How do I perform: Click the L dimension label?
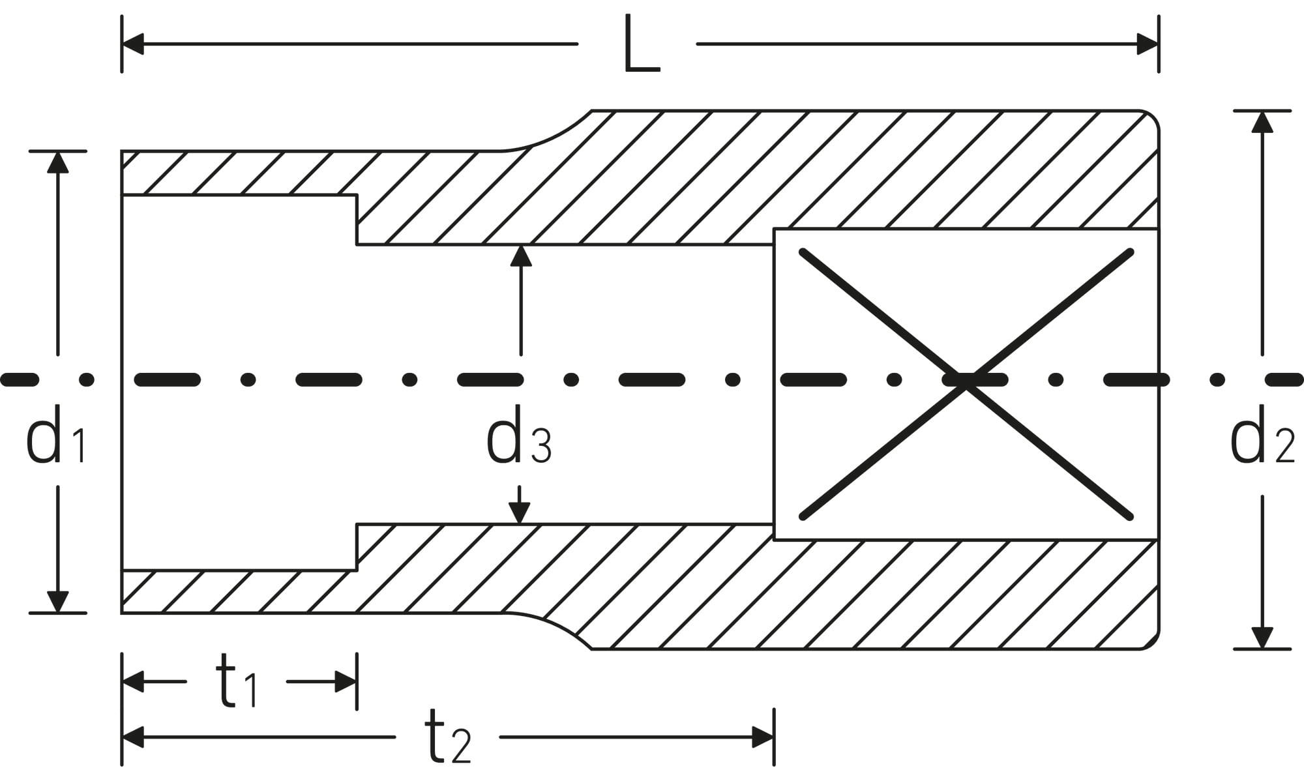click(x=642, y=44)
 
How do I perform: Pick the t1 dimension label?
click(x=236, y=682)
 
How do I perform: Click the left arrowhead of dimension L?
click(x=132, y=44)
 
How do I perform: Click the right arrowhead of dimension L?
click(x=1148, y=44)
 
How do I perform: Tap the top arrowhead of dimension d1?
click(x=58, y=162)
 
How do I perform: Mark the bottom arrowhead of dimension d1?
click(x=58, y=602)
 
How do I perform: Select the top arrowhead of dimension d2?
click(x=1263, y=122)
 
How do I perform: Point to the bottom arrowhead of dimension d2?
click(x=1263, y=638)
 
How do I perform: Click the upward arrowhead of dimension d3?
click(x=520, y=256)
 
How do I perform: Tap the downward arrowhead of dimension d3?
click(x=519, y=514)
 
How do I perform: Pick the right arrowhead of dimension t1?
click(x=346, y=682)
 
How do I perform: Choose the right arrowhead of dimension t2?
click(x=763, y=737)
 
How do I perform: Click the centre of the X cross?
click(x=966, y=384)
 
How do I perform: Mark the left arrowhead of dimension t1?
click(x=133, y=682)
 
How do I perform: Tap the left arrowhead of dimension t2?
click(x=133, y=737)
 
